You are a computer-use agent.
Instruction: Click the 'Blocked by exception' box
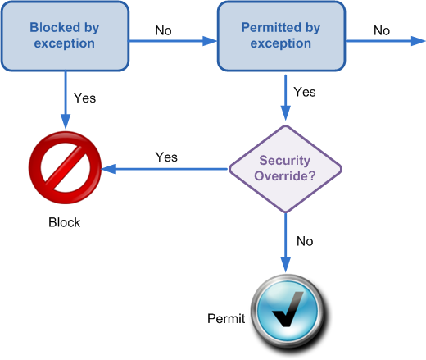65,36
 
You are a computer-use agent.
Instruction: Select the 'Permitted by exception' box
281,36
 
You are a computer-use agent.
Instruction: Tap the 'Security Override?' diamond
285,169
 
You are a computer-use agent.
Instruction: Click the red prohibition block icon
65,167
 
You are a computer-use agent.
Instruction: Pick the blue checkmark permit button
288,312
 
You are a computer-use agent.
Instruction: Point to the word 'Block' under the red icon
65,222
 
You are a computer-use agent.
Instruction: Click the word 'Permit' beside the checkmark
226,319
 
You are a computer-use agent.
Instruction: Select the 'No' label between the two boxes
163,30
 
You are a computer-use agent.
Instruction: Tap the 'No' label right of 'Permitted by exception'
382,30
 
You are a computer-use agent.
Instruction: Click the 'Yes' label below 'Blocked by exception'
84,98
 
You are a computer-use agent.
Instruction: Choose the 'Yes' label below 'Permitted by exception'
305,92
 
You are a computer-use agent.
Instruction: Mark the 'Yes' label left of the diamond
166,157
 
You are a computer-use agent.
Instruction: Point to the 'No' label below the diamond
305,241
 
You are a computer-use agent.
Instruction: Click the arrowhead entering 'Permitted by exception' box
210,41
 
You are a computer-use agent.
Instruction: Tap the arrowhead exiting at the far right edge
419,41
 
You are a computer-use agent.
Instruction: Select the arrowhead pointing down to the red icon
66,121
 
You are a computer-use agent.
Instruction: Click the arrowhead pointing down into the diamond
286,113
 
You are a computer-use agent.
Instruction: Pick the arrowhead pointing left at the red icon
109,169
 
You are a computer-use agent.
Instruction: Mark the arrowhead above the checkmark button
286,265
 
